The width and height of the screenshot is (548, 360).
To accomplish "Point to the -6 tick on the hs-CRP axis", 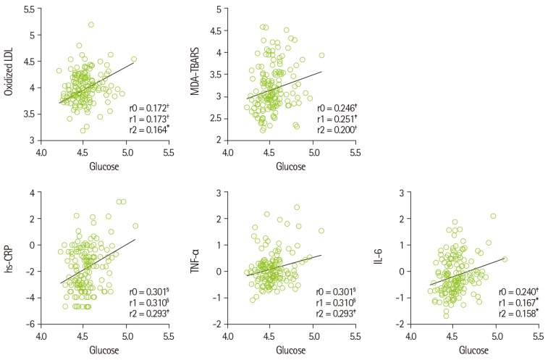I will pyautogui.click(x=28, y=323).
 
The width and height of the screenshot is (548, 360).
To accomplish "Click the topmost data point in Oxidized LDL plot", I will pyautogui.click(x=92, y=25).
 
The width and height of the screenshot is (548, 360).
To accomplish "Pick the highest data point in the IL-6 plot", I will pyautogui.click(x=493, y=216).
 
